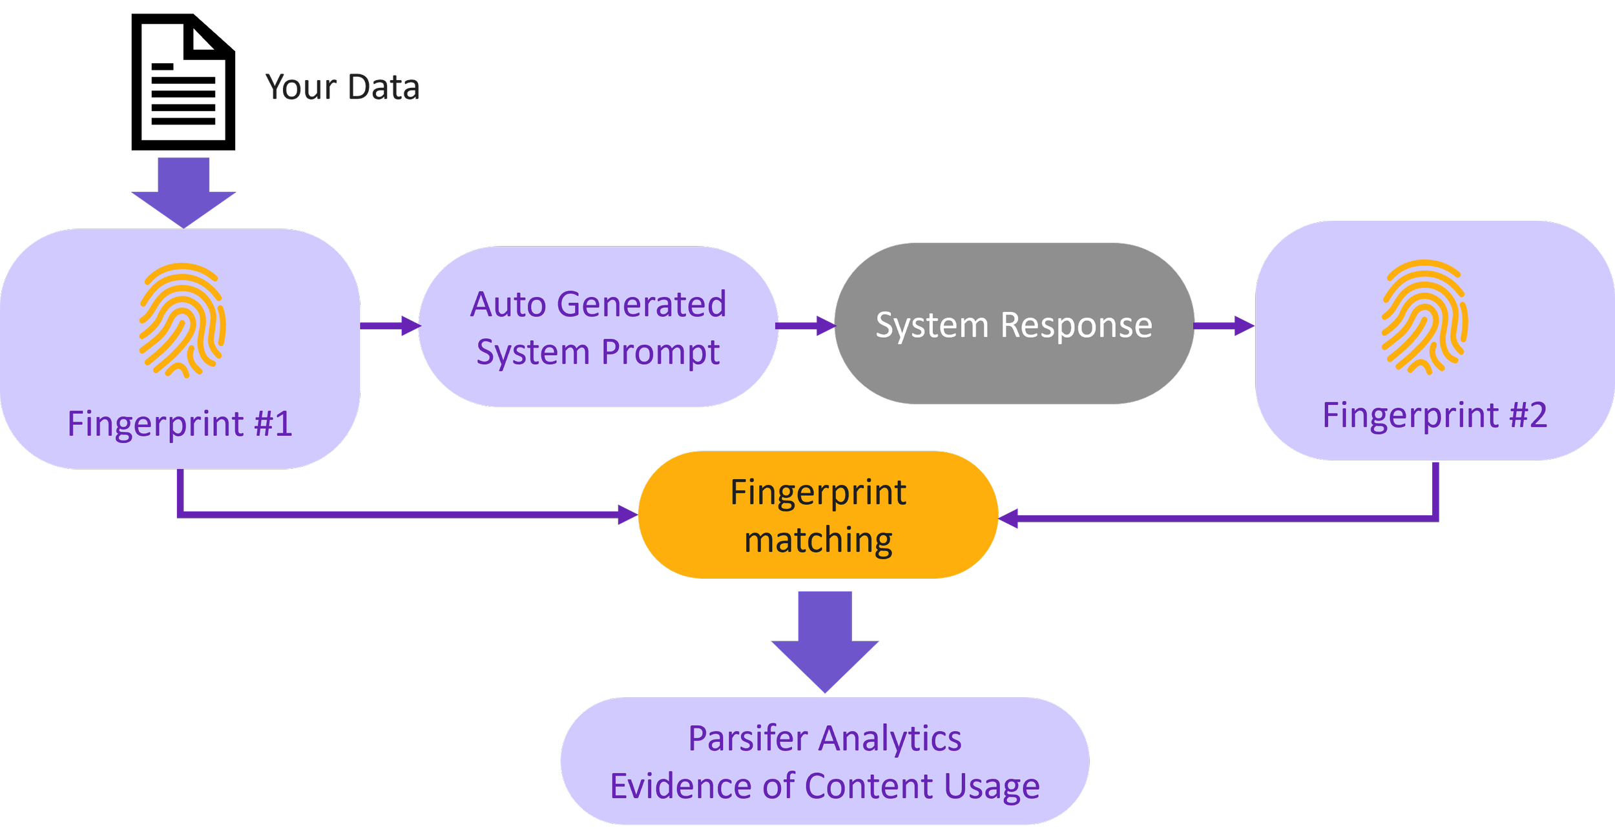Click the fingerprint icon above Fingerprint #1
182,320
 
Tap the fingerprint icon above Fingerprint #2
1424,317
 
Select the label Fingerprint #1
180,424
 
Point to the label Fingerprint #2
1435,415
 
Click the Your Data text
342,87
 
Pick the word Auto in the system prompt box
508,304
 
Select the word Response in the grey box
1076,325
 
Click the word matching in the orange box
818,540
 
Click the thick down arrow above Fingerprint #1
183,192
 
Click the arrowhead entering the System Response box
826,325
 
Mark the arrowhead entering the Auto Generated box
411,325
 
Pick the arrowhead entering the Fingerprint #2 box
1244,325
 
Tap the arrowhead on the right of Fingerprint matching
1009,518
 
